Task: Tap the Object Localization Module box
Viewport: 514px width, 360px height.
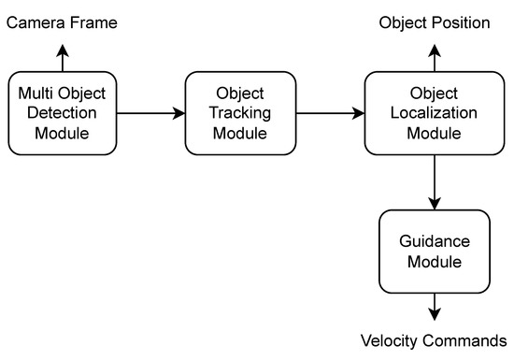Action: click(x=434, y=114)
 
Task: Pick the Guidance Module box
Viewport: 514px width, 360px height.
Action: click(x=434, y=251)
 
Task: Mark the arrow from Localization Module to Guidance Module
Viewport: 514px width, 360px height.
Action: click(x=434, y=182)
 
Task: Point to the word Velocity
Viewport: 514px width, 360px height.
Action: click(x=390, y=340)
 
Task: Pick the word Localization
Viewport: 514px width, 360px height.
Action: click(x=434, y=114)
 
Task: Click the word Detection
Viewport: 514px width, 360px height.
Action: click(x=64, y=114)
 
